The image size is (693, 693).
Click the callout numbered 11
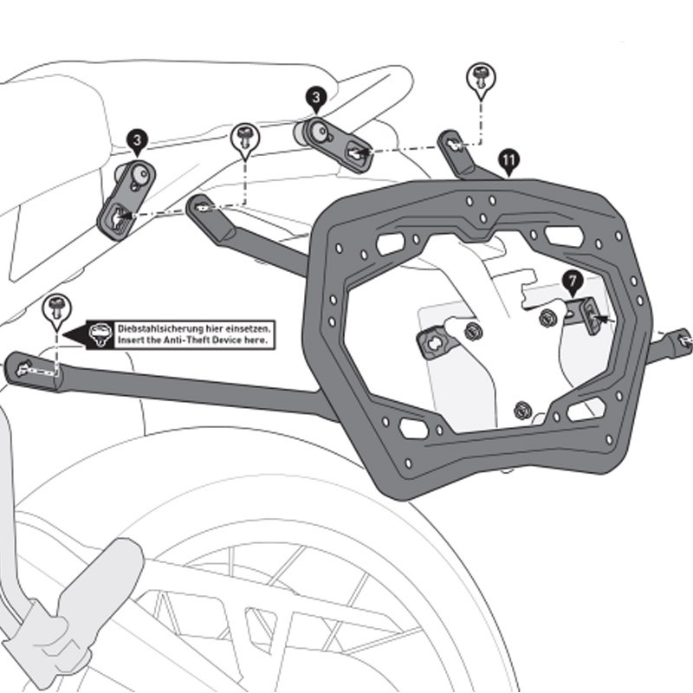pos(508,159)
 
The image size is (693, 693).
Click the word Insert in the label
pos(132,341)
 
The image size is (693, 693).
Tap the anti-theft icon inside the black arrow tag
pos(101,334)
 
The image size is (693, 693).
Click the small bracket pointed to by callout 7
pos(589,314)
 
